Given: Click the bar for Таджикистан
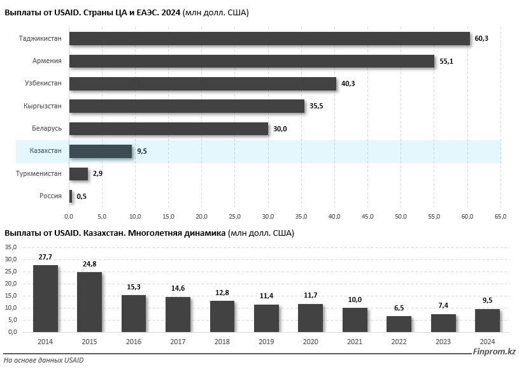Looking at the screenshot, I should pyautogui.click(x=269, y=39).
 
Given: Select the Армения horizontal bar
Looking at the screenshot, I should pyautogui.click(x=252, y=61).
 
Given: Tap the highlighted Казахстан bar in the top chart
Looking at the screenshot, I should pyautogui.click(x=101, y=151).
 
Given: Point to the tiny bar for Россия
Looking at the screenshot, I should pyautogui.click(x=71, y=196).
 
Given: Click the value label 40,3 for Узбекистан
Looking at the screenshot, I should pyautogui.click(x=349, y=83).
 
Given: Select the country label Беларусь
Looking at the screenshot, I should pyautogui.click(x=46, y=129).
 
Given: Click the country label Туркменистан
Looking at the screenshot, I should pyautogui.click(x=39, y=173).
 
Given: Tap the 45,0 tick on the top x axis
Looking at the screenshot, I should pyautogui.click(x=367, y=217).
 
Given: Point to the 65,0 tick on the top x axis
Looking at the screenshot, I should pyautogui.click(x=501, y=217).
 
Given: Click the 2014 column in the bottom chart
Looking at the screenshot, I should pyautogui.click(x=45, y=298).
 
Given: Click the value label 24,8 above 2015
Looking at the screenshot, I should pyautogui.click(x=89, y=264).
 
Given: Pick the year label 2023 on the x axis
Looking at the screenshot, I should pyautogui.click(x=443, y=342).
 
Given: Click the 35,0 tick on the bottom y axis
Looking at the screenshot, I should pyautogui.click(x=11, y=247).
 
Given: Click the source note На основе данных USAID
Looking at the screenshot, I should pyautogui.click(x=44, y=361).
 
